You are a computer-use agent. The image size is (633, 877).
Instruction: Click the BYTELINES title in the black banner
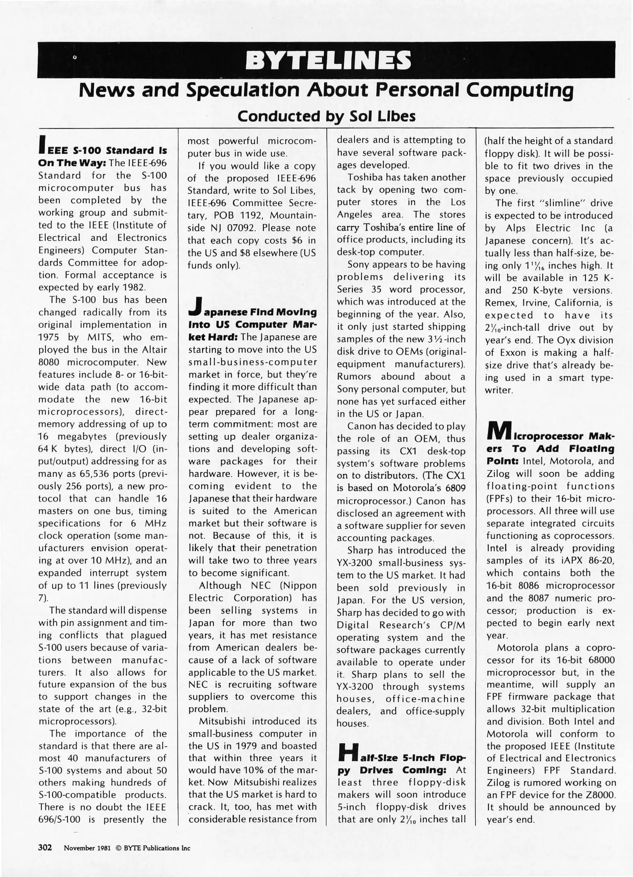coord(325,61)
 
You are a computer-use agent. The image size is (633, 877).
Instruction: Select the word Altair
coord(153,350)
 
